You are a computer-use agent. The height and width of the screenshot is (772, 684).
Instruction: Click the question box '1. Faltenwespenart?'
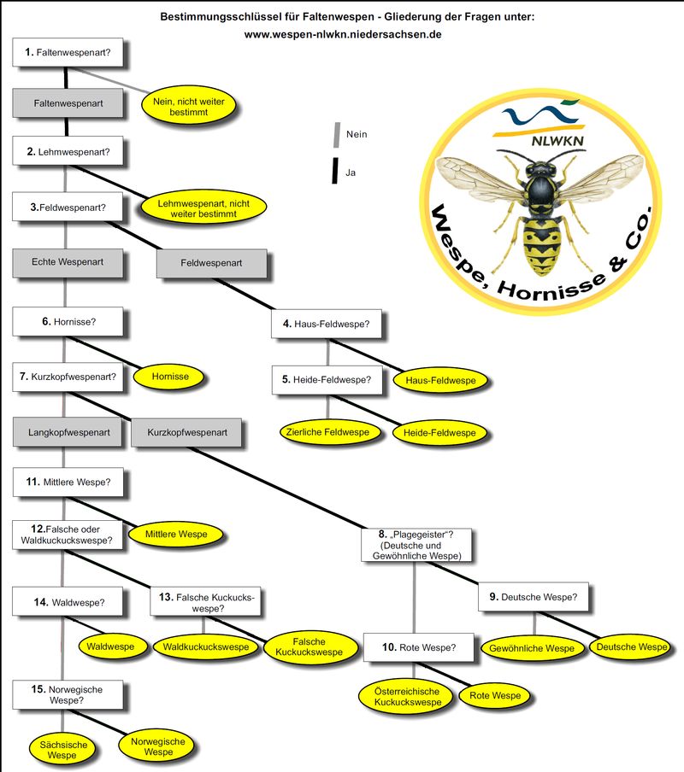pos(68,53)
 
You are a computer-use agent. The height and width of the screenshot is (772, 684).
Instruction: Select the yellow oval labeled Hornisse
pos(169,376)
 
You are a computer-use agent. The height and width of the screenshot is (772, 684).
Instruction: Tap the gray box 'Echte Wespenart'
pos(68,262)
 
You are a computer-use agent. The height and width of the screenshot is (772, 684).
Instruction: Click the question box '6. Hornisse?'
pos(68,324)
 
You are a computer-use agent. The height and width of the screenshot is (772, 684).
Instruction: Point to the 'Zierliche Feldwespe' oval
pos(330,433)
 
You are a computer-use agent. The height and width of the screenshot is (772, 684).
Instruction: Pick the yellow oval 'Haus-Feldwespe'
pos(439,379)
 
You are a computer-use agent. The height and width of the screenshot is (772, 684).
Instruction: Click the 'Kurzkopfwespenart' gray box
pos(186,433)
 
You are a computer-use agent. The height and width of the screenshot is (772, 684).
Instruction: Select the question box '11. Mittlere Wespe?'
pos(68,482)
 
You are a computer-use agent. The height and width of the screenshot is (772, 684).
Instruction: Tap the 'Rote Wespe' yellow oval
pos(495,696)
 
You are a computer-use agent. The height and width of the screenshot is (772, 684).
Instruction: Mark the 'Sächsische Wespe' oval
pos(62,750)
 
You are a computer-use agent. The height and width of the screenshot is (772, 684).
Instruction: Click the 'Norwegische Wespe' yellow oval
pos(158,747)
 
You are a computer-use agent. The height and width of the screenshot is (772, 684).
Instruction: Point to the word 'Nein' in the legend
pos(357,134)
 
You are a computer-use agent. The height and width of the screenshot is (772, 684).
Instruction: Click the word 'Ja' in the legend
pos(351,172)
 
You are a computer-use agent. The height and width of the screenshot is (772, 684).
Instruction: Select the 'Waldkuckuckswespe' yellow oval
pos(207,647)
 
